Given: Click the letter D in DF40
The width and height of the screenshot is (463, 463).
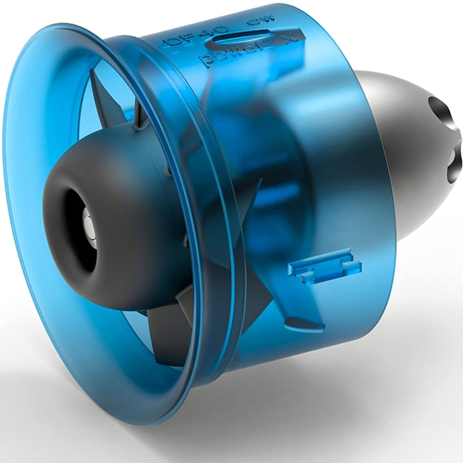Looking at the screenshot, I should pos(171,43).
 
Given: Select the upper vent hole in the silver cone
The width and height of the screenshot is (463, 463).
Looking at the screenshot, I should pos(443,110).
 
